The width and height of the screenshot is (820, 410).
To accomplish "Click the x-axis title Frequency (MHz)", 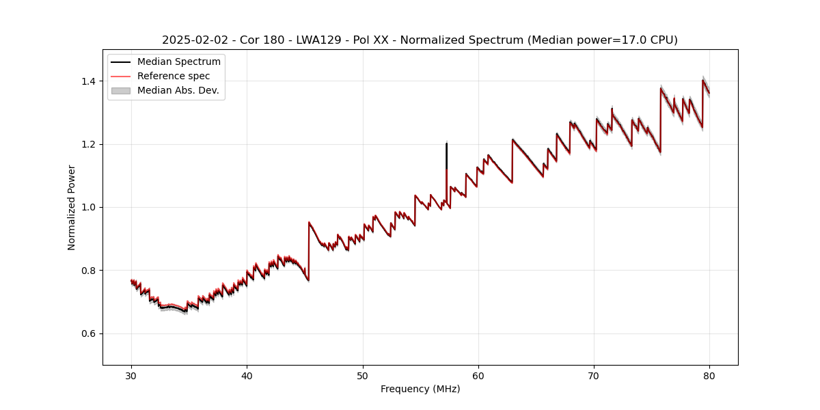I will coord(420,389).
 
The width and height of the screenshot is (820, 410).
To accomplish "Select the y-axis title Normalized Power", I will coord(72,207).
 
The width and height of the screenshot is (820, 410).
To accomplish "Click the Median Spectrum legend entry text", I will coord(179,62).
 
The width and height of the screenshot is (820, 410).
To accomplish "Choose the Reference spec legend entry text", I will coord(174,76).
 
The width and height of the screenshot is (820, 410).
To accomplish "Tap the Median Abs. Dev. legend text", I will coord(178,90).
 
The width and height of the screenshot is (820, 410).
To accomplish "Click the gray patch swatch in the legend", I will coord(121,90).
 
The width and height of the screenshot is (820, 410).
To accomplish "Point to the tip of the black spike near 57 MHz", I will coord(446,142).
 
